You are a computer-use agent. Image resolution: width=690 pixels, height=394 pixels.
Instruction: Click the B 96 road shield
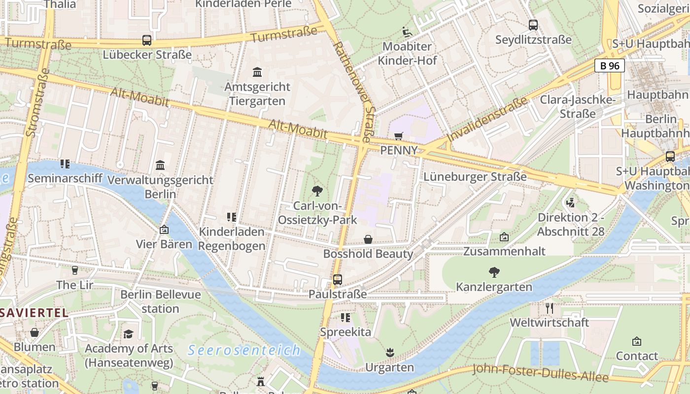coord(610,66)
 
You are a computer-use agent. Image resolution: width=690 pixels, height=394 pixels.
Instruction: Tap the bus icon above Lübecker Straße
coord(146,40)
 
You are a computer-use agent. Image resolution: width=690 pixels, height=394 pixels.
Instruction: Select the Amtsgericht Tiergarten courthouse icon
coord(257,72)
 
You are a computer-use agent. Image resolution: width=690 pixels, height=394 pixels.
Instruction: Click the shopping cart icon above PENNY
coord(399,135)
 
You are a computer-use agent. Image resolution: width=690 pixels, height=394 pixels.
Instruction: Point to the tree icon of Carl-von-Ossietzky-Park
coord(317,191)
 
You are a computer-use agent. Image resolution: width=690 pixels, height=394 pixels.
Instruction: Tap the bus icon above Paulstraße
coord(338,280)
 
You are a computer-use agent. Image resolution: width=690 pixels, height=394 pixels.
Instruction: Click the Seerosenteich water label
coord(244,350)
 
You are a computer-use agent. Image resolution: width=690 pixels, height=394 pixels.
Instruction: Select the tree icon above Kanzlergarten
coord(494,272)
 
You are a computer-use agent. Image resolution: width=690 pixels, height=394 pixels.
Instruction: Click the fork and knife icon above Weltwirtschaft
coord(550,308)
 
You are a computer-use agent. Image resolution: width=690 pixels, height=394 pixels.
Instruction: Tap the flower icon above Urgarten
coord(390,353)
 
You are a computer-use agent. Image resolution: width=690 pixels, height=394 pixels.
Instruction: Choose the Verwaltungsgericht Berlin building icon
coord(160,165)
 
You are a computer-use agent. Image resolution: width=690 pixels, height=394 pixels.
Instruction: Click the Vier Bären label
coord(164,244)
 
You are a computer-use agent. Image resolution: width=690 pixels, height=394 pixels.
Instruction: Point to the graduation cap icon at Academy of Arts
coord(129,334)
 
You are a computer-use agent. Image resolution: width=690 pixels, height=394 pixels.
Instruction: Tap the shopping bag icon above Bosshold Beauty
coord(368,239)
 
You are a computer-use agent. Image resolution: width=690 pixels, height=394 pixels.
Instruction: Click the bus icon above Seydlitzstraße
coord(533,25)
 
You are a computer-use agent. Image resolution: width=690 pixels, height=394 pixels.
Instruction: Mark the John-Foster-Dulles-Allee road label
coord(540,373)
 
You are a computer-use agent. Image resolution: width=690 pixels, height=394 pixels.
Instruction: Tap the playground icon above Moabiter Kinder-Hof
coord(407,32)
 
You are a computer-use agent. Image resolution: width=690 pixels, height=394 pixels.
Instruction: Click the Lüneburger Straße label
coord(475,177)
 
